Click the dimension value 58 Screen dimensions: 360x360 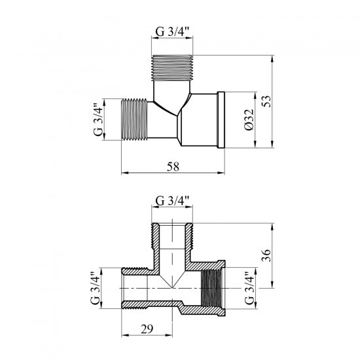tap(173, 167)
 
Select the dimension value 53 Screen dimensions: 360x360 tap(266, 101)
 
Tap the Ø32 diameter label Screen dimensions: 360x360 tap(249, 120)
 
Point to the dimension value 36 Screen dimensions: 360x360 tap(266, 255)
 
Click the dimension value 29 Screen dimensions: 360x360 tap(147, 329)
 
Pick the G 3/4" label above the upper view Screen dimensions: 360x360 tap(172, 31)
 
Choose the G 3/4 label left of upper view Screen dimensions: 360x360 tap(98, 120)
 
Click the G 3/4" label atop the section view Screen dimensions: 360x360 tap(172, 201)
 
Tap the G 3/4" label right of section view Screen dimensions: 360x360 tap(250, 288)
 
